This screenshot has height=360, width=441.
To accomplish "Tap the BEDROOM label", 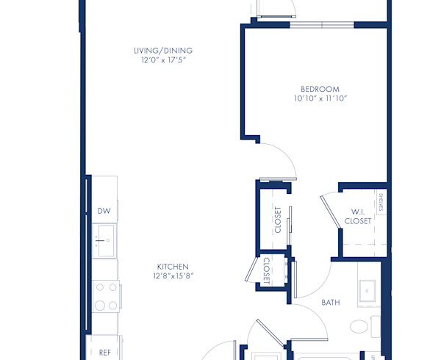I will [x=320, y=90].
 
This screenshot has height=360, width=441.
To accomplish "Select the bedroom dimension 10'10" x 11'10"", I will [x=320, y=98].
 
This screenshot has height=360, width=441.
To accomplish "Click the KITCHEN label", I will [x=173, y=267].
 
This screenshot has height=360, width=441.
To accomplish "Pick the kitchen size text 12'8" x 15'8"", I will [x=173, y=276].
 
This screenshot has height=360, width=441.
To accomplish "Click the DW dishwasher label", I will [x=104, y=211].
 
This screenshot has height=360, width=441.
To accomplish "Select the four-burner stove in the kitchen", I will [x=104, y=295].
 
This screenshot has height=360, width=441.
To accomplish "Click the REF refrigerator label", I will [x=104, y=352].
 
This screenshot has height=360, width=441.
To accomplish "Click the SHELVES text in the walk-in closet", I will [x=381, y=202].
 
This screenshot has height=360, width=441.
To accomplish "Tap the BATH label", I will [x=331, y=302].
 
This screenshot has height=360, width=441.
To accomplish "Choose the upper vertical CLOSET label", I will [x=278, y=220].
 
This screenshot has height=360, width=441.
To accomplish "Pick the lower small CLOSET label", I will [x=266, y=270].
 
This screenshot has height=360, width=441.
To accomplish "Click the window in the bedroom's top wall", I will [x=322, y=24].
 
